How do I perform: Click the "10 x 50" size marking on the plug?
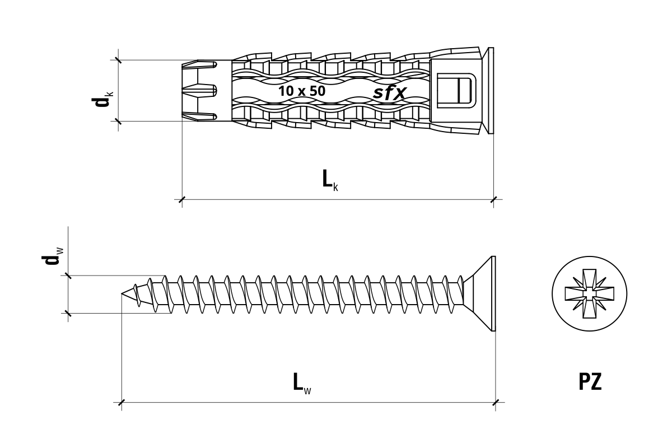tap(302, 91)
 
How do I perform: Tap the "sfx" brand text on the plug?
tap(390, 92)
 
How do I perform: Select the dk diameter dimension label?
tap(102, 99)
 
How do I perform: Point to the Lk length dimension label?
tap(330, 180)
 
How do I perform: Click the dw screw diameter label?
tap(52, 256)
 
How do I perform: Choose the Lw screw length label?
tap(302, 383)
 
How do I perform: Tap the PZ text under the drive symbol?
tap(590, 382)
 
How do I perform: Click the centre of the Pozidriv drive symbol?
tap(590, 293)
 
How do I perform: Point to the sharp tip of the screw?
tap(122, 293)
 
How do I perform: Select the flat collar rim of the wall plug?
tap(491, 90)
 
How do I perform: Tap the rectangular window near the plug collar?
tap(456, 90)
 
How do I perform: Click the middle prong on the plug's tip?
tap(200, 90)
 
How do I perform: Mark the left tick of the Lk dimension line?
tap(182, 199)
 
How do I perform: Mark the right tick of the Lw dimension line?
tap(496, 403)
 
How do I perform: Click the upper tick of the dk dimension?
tap(118, 60)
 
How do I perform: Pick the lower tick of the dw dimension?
tap(68, 313)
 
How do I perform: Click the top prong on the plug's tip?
tap(200, 65)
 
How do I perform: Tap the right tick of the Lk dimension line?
tap(493, 199)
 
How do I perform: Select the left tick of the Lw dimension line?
tap(122, 403)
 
